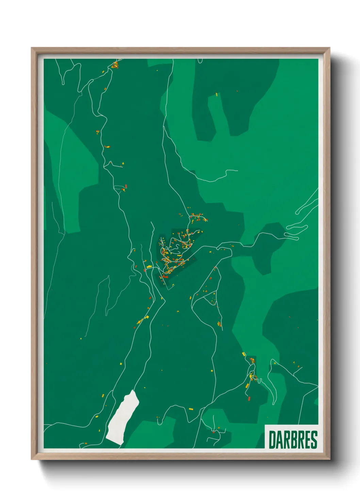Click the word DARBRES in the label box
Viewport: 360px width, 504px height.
coord(293,440)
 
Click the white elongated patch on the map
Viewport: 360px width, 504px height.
coord(122,417)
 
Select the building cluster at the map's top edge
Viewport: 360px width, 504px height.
coord(115,65)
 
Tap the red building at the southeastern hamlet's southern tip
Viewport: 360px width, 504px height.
coord(249,398)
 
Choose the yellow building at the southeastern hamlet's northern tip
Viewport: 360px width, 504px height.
coord(244,355)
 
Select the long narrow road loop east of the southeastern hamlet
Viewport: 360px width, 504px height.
coord(272,381)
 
